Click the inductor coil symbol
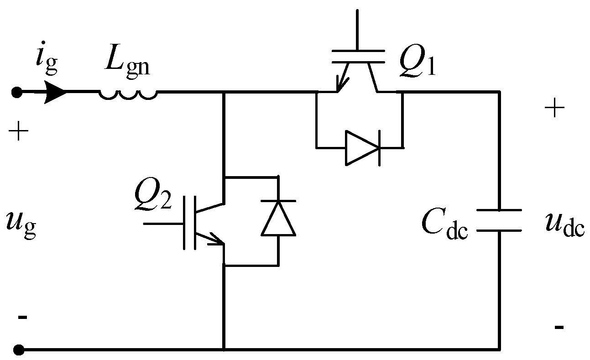click(128, 94)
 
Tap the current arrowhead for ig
click(56, 93)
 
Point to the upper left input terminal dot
click(17, 93)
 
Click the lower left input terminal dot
click(18, 350)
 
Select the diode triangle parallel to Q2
click(278, 219)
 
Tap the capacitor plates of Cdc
click(499, 220)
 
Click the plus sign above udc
click(554, 110)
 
